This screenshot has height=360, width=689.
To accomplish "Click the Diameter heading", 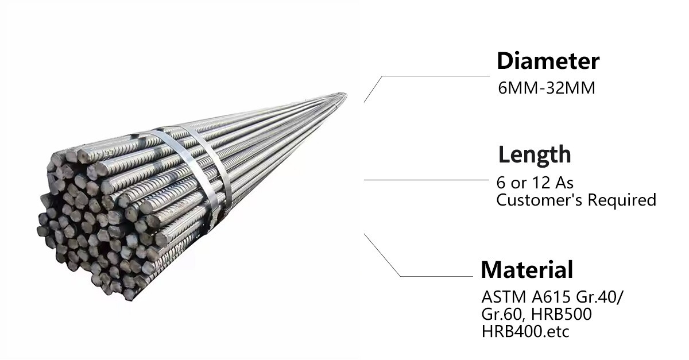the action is tap(548, 61).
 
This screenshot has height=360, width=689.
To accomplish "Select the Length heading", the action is tap(535, 155).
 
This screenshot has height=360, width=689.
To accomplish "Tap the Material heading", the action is tap(527, 269).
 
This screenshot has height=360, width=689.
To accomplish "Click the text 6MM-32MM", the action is tap(547, 88).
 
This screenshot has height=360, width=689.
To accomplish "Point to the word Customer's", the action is tap(539, 200).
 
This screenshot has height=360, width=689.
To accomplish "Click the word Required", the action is tap(622, 200).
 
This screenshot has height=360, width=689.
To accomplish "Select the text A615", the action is tap(551, 297).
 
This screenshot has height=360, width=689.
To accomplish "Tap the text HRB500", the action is tap(562, 314).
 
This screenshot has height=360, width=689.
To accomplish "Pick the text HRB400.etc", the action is tap(525, 331).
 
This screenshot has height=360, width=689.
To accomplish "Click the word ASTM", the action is tap(504, 297).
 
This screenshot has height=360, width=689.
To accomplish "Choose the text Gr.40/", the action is tap(600, 297).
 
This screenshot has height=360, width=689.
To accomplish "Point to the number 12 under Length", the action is tap(541, 183).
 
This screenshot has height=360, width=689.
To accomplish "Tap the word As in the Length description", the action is tap(564, 183).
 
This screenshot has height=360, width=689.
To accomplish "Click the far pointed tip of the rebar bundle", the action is tap(346, 94).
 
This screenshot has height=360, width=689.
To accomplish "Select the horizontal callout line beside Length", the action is tap(426, 180).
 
